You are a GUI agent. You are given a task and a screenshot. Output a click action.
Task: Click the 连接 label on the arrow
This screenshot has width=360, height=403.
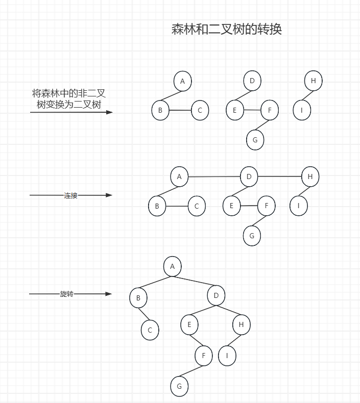[70, 195]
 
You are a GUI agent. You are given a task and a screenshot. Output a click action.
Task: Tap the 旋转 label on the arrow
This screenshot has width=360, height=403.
[67, 294]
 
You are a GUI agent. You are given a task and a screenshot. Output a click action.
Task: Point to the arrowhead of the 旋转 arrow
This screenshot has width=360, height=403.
[108, 294]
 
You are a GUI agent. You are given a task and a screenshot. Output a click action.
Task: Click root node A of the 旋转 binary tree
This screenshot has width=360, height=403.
[173, 266]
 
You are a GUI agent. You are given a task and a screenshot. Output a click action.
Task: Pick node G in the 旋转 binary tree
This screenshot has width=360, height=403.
[179, 386]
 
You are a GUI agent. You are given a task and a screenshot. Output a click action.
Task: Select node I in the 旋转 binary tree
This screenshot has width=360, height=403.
[227, 356]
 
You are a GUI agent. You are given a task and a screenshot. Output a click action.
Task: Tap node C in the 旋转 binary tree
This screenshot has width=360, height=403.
[150, 330]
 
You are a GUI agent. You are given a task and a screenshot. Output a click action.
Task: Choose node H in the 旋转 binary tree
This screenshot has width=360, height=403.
[241, 324]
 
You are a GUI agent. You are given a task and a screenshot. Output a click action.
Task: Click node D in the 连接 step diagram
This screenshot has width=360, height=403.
[249, 177]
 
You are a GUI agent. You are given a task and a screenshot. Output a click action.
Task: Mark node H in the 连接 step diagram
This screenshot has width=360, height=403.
[310, 177]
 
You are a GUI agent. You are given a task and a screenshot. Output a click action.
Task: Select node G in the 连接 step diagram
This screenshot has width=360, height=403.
[252, 236]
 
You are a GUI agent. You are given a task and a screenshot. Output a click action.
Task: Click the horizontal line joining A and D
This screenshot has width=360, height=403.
[214, 177]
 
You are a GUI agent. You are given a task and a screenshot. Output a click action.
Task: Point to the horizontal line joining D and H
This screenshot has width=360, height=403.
[279, 177]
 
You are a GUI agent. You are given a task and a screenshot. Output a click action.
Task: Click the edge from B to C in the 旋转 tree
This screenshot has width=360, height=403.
[144, 314]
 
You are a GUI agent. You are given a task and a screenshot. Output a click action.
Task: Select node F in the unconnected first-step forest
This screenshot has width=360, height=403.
[269, 110]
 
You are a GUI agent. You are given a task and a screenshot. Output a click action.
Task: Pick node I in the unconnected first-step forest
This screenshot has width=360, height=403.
[302, 110]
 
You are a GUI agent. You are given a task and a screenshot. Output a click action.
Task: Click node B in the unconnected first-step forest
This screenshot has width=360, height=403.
[160, 110]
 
